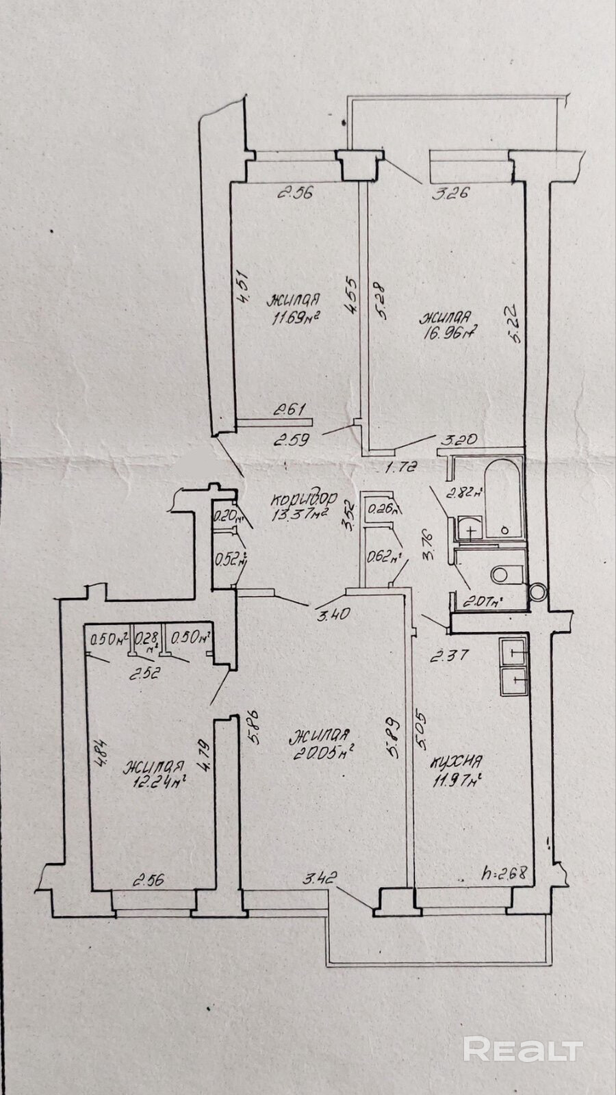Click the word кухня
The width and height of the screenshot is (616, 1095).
(457, 762)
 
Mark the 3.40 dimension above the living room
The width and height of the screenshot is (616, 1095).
(334, 614)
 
